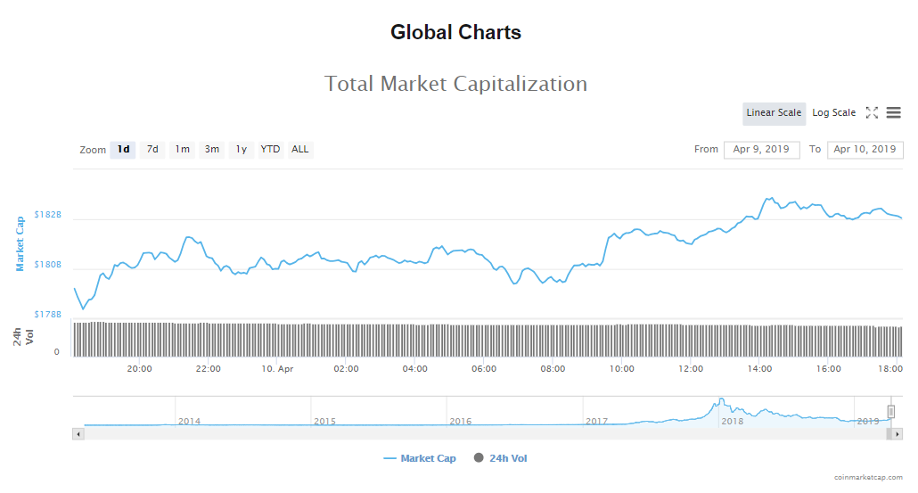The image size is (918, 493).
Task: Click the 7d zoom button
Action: [152, 149]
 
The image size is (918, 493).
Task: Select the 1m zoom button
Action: [182, 149]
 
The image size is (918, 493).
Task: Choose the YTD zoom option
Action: [270, 149]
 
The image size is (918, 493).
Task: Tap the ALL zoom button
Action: [300, 149]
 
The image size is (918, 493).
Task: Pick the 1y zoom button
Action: [241, 149]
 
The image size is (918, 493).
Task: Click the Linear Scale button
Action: [774, 113]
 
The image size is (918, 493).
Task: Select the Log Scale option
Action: [833, 113]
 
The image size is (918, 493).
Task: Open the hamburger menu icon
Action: [893, 112]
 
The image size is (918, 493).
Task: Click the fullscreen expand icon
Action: [872, 112]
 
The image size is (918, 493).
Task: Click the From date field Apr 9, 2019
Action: [761, 150]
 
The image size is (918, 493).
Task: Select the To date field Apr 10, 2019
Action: [865, 150]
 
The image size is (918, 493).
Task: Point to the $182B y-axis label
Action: [47, 215]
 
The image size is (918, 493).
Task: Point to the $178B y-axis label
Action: [47, 315]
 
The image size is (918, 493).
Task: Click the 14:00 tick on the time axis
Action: [760, 369]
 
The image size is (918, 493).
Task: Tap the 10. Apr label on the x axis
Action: [277, 369]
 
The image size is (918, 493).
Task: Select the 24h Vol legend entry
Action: [506, 458]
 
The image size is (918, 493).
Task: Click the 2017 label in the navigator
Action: [596, 421]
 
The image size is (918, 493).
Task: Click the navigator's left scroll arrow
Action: [78, 433]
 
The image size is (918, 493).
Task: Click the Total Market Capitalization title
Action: [455, 84]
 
